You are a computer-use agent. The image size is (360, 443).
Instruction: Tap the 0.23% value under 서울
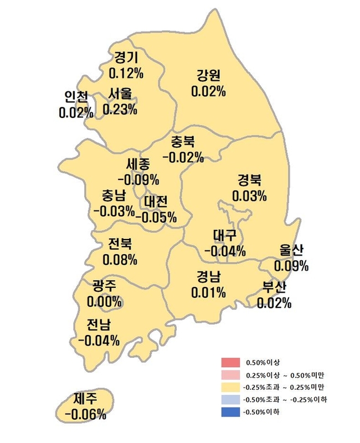(120, 109)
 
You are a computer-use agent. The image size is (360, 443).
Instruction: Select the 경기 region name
(126, 58)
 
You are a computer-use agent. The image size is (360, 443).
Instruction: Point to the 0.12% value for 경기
(126, 73)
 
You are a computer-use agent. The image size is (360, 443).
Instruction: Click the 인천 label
(76, 97)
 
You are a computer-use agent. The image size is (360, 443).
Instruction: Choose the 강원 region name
(208, 76)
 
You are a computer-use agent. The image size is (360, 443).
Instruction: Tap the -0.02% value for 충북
(183, 157)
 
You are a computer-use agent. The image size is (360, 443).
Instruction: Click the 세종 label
(138, 164)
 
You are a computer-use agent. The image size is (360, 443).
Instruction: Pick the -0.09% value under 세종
(138, 179)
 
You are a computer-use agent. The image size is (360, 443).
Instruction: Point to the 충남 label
(114, 195)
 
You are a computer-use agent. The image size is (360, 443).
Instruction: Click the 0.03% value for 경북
(249, 195)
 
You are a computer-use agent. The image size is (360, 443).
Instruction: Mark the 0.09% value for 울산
(291, 266)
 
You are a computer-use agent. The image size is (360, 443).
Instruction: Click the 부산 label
(274, 287)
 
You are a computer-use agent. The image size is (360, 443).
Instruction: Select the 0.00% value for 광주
(104, 302)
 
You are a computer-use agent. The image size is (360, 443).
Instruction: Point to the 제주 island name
(85, 398)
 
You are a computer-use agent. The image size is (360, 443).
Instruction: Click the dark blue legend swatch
(229, 412)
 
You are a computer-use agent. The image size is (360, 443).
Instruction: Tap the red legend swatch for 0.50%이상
(229, 363)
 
